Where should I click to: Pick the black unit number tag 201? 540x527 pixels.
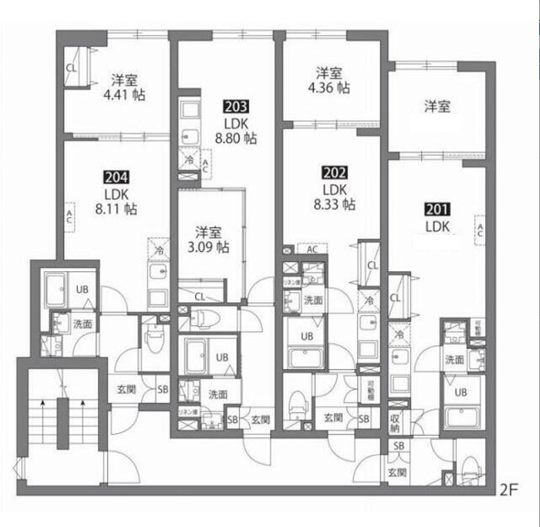(x=437, y=210)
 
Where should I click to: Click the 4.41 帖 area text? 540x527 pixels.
(x=125, y=95)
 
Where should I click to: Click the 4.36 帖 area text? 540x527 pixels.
(x=331, y=88)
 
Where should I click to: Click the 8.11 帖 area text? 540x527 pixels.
(x=116, y=210)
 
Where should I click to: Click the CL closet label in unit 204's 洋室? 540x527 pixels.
(x=72, y=67)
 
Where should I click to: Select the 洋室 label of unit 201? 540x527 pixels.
(x=437, y=107)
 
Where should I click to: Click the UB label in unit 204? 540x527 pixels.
(x=82, y=289)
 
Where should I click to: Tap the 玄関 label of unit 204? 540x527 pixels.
(x=126, y=389)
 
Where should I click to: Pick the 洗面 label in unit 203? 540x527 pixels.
(x=217, y=395)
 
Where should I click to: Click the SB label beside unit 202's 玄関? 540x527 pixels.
(x=364, y=418)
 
